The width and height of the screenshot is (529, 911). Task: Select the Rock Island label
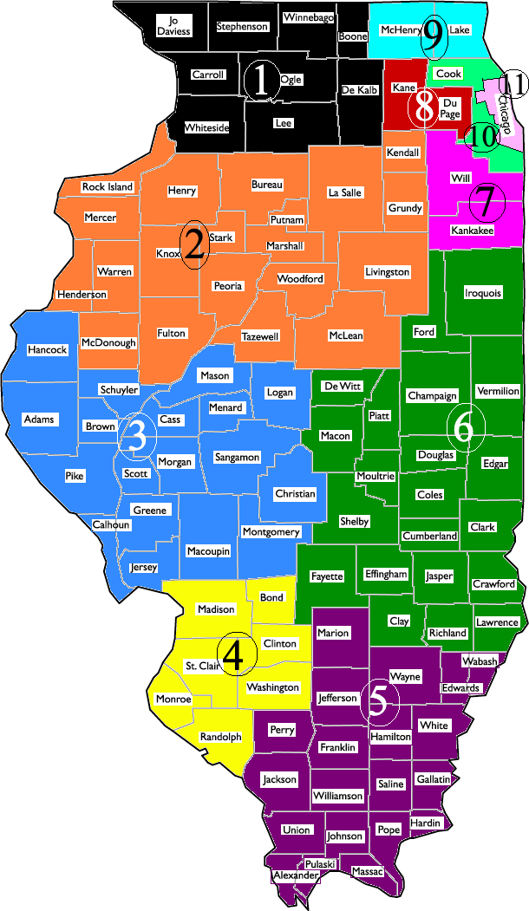pos(108,187)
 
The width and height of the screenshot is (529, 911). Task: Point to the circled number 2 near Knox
pos(194,246)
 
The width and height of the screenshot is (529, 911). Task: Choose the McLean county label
pos(346,335)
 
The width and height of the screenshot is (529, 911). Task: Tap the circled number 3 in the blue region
pos(136,436)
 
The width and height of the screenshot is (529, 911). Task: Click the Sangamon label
pos(237,457)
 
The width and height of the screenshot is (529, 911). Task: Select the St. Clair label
pos(204,666)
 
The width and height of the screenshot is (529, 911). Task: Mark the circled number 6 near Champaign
pos(464,427)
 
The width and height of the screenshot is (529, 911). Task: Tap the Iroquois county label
pos(483,293)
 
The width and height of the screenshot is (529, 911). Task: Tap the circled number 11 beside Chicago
pos(514,84)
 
